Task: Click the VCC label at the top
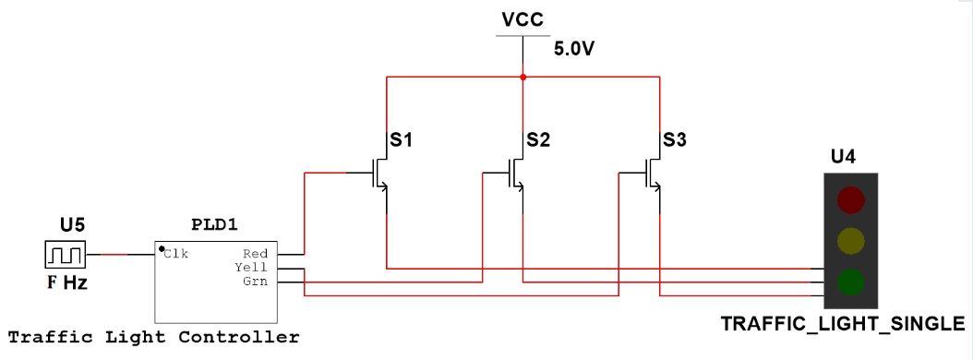(522, 18)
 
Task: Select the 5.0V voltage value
(574, 49)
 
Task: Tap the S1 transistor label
(401, 140)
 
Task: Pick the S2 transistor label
(538, 140)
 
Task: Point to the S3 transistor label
(675, 140)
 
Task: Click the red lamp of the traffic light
(850, 199)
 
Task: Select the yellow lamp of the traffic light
(850, 240)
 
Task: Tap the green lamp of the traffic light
(850, 280)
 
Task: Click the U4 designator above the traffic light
(843, 155)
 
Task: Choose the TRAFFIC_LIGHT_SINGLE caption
(843, 324)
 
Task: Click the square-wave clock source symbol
(65, 254)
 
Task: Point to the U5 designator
(72, 223)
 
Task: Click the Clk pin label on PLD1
(176, 253)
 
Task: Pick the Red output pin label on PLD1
(255, 253)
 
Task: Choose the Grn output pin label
(255, 281)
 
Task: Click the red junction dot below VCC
(523, 78)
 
